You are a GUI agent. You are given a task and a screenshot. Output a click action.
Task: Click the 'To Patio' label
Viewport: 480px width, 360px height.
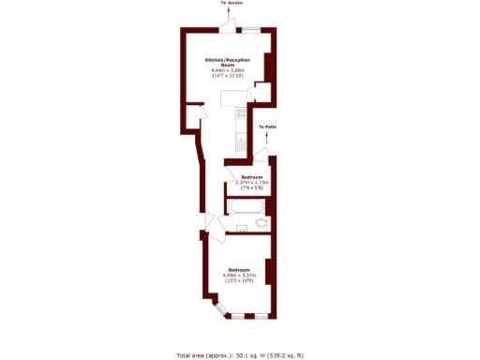click(269, 126)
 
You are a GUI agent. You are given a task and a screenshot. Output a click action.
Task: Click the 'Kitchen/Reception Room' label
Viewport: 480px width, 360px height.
click(228, 62)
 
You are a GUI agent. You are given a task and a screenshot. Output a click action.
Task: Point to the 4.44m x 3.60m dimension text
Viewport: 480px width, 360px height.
click(228, 71)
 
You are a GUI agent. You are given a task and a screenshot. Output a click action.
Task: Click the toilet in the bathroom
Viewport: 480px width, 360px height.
click(262, 223)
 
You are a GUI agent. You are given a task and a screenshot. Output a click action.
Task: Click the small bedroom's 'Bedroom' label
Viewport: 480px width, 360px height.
click(250, 177)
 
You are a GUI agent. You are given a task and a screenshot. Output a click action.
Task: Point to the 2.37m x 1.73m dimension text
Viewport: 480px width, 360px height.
click(250, 184)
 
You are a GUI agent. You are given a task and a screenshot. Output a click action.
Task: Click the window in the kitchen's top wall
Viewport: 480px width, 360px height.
click(252, 29)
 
